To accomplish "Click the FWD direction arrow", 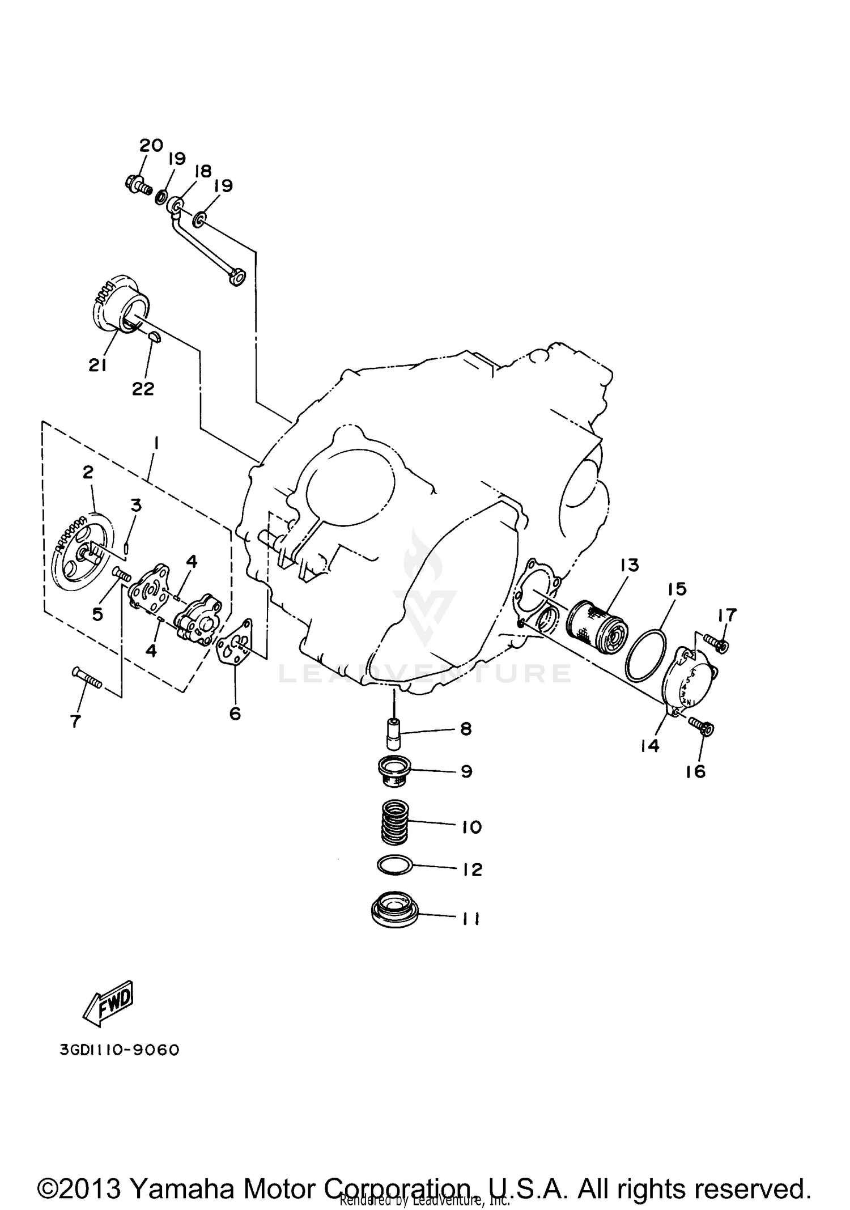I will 109,1002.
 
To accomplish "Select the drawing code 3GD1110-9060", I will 120,1050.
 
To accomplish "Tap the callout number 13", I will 629,565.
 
